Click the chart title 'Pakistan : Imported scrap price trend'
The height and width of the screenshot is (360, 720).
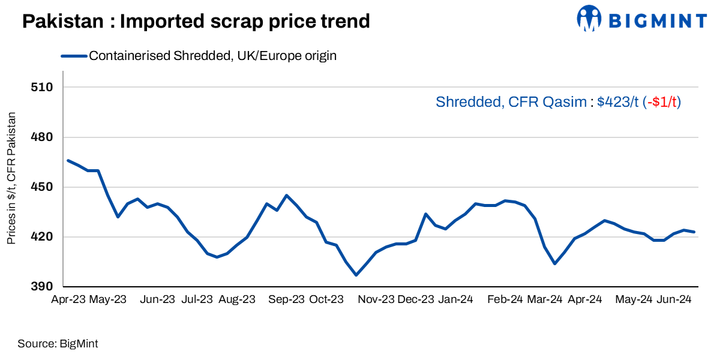[x=196, y=22]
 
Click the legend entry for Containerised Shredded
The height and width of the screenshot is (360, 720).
[x=212, y=56]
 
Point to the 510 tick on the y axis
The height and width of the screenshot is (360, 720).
[x=41, y=87]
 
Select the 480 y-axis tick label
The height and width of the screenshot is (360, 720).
[x=41, y=137]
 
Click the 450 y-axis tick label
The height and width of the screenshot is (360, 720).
[x=41, y=187]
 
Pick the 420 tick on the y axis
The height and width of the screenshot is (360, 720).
[x=41, y=237]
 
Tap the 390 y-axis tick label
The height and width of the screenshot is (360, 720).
[x=41, y=287]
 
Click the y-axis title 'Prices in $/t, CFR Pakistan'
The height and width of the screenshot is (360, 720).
[x=11, y=178]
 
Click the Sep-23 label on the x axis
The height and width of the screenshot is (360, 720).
[x=286, y=299]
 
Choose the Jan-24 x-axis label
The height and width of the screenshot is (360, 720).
[x=455, y=299]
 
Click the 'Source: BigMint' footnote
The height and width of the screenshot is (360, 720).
[x=58, y=344]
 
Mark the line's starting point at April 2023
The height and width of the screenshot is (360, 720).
[x=68, y=160]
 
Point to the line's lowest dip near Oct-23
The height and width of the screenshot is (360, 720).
[x=356, y=275]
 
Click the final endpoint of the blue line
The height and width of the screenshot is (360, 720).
[x=694, y=232]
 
